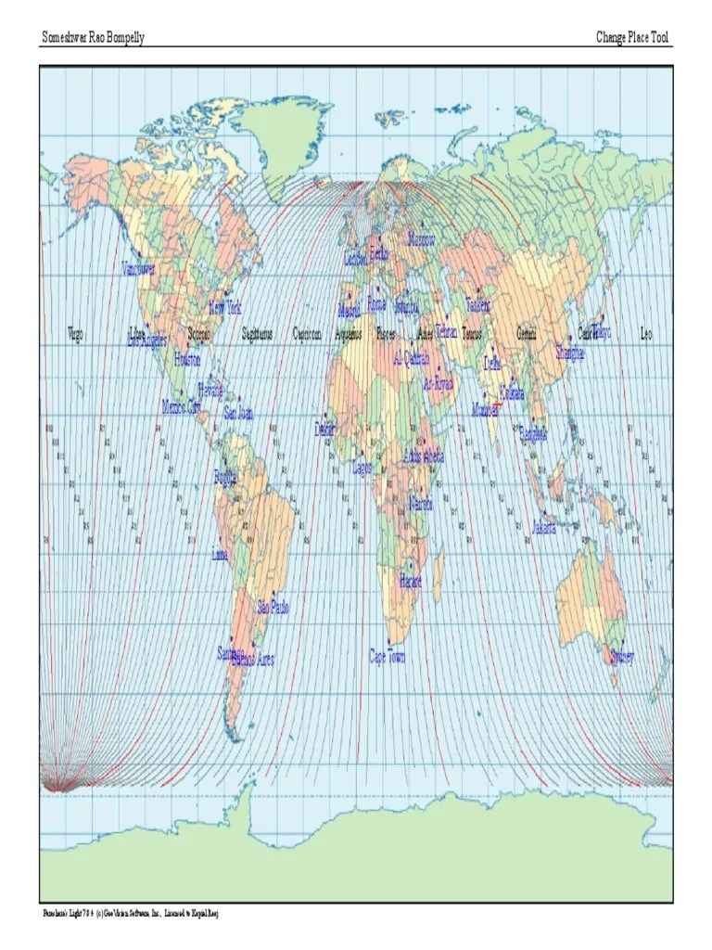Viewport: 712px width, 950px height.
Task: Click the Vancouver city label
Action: pos(139,269)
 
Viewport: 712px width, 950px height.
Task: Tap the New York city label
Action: pos(225,307)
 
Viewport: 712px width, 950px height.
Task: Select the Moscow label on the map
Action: pos(422,240)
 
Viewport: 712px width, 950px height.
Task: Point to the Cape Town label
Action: pos(388,657)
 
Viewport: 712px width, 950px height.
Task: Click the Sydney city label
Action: pos(622,658)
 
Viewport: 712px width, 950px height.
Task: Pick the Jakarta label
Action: pos(544,529)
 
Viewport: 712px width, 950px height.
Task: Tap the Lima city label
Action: pos(220,555)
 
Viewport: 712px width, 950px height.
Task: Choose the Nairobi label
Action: pos(421,504)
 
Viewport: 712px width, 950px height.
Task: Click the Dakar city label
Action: pos(324,430)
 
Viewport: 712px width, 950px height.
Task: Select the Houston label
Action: pos(186,360)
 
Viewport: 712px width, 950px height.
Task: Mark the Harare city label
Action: pos(411,581)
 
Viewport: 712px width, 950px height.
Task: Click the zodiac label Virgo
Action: pos(76,334)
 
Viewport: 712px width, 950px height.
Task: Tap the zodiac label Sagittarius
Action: pos(257,334)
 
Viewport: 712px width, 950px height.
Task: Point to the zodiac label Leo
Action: pos(647,334)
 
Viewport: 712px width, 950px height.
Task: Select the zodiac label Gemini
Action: pos(527,334)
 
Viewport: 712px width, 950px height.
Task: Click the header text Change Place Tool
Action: pos(633,38)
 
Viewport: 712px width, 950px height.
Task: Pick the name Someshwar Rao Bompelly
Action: pos(94,38)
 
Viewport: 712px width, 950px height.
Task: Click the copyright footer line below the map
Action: pos(130,915)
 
